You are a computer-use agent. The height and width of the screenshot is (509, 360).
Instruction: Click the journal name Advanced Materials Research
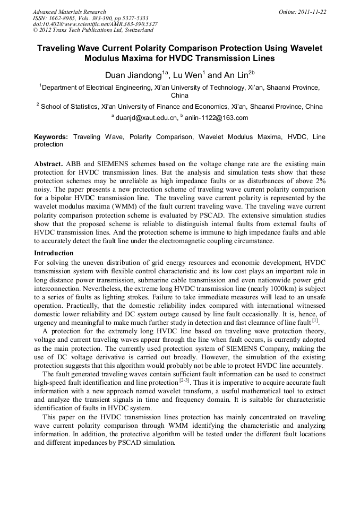point(69,12)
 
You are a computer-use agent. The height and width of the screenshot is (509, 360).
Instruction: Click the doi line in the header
point(95,24)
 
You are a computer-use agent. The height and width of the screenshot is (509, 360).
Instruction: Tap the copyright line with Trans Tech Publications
point(93,31)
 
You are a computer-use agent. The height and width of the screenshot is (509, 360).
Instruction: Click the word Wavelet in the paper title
point(307,48)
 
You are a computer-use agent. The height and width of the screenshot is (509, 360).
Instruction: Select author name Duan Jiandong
point(133,75)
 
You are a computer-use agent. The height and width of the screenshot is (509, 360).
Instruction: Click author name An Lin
point(227,75)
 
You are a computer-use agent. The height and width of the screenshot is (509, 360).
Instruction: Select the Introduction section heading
point(54,253)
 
